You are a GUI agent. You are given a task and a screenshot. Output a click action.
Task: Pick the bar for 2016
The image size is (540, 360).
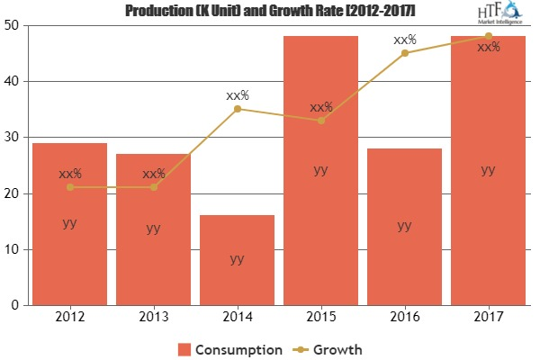click(x=404, y=226)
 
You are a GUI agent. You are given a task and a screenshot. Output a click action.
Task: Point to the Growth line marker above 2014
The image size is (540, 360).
click(x=237, y=109)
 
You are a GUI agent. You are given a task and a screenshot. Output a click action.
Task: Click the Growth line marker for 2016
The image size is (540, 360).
click(x=404, y=53)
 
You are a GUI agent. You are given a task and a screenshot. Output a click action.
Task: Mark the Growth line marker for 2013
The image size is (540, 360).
click(x=153, y=187)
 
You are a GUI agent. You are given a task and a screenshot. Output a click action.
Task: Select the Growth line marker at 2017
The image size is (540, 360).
click(x=488, y=36)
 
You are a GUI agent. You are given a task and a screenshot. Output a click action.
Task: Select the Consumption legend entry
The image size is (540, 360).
click(x=232, y=346)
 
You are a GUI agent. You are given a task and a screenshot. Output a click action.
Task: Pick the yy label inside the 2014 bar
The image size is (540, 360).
click(x=237, y=259)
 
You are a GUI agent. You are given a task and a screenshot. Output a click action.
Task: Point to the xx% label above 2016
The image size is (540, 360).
click(x=405, y=40)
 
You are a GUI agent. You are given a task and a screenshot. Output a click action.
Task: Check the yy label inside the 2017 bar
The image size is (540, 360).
click(x=488, y=169)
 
